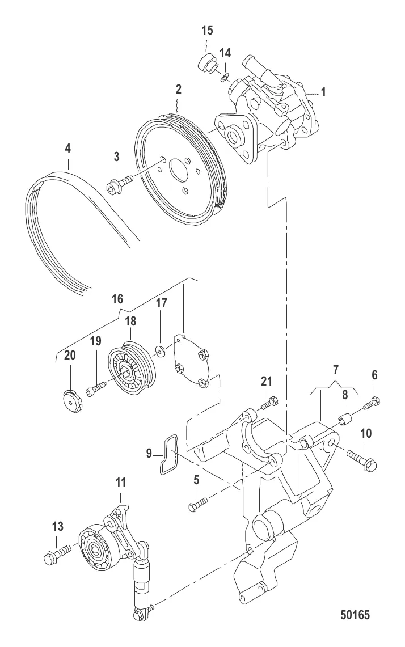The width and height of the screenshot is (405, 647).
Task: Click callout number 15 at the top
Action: [207, 31]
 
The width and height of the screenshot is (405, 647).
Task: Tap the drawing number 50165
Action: [355, 615]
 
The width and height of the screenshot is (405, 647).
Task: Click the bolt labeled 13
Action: [60, 554]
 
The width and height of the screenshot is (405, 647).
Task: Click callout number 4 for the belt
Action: [67, 148]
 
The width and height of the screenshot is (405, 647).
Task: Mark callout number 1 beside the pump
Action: [323, 92]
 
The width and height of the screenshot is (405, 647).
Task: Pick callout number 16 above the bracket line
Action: [117, 298]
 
